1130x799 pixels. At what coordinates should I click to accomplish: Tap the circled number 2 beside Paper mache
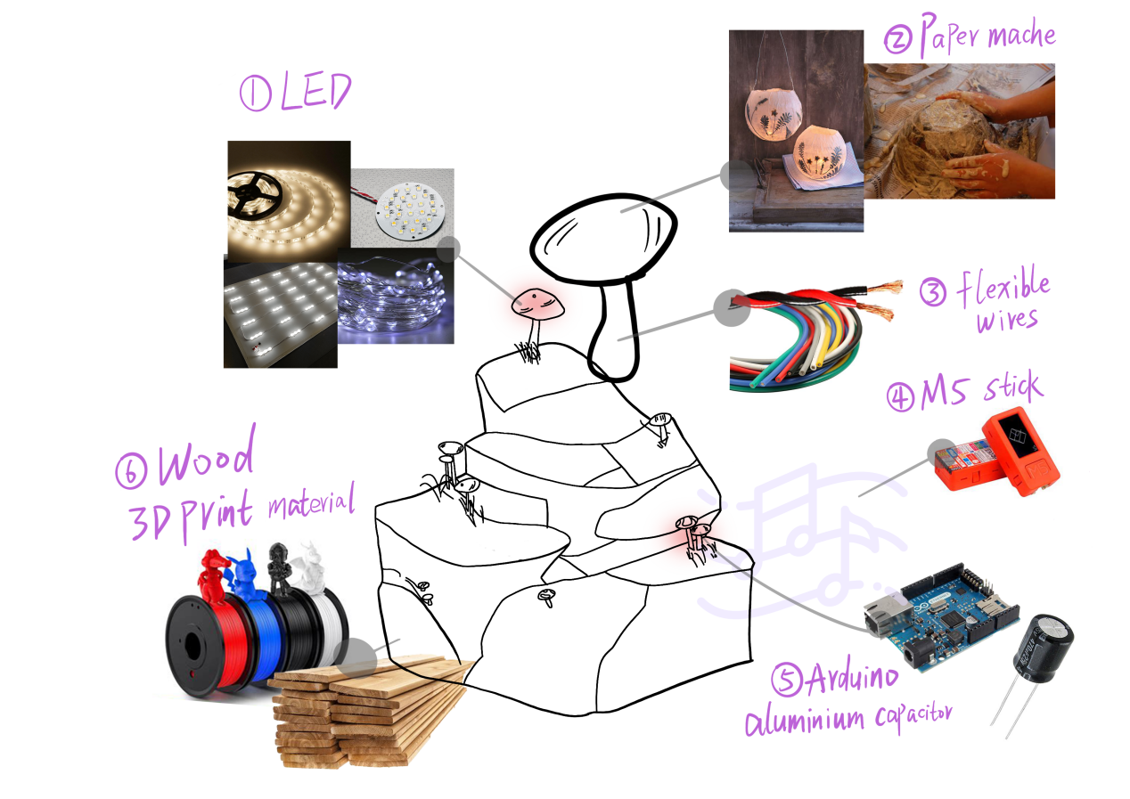point(898,40)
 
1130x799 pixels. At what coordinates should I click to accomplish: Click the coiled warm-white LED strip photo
point(289,200)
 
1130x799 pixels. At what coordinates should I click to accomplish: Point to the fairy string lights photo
point(396,297)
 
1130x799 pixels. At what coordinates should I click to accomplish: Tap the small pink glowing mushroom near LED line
point(537,304)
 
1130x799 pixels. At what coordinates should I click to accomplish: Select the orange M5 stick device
point(996,452)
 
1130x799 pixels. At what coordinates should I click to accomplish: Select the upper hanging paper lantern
point(774,113)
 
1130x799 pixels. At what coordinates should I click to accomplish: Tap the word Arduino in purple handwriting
point(852,676)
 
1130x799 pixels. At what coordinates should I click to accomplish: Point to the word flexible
point(1003,286)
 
